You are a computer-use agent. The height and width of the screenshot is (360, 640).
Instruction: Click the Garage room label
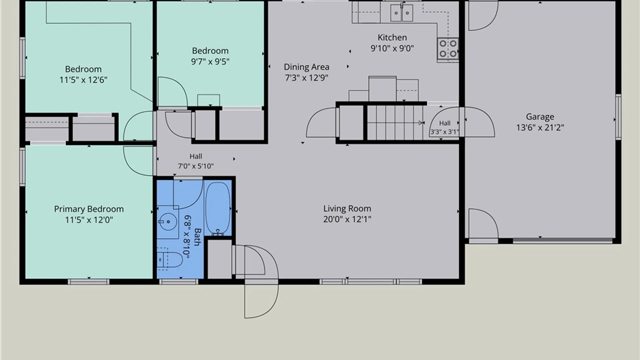(540, 117)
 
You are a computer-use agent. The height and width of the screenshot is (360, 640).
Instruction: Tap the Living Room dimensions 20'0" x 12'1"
(347, 219)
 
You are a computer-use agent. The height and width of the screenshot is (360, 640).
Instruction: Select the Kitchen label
(392, 37)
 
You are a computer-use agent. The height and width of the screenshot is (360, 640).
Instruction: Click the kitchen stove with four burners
(448, 49)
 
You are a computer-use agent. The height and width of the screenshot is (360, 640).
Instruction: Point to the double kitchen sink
(402, 13)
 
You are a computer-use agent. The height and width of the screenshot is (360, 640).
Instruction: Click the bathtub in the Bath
(218, 209)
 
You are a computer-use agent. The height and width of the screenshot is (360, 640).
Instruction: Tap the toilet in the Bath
(170, 259)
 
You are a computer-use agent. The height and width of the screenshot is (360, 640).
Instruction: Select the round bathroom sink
(168, 222)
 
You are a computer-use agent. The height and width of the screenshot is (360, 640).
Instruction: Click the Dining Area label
(306, 67)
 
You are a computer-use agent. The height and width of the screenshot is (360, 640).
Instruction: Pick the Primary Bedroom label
(89, 209)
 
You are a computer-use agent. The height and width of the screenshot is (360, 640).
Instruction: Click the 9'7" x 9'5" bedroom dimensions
(210, 62)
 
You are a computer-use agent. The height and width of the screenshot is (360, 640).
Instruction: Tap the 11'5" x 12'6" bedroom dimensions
(83, 80)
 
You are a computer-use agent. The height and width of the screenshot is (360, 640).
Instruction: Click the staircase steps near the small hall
(395, 123)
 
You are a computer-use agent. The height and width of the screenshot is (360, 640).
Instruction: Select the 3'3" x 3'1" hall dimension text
(444, 132)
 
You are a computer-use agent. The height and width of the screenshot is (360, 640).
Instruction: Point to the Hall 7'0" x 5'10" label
(196, 161)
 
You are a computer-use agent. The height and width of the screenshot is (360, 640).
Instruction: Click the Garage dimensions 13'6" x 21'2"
(540, 127)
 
